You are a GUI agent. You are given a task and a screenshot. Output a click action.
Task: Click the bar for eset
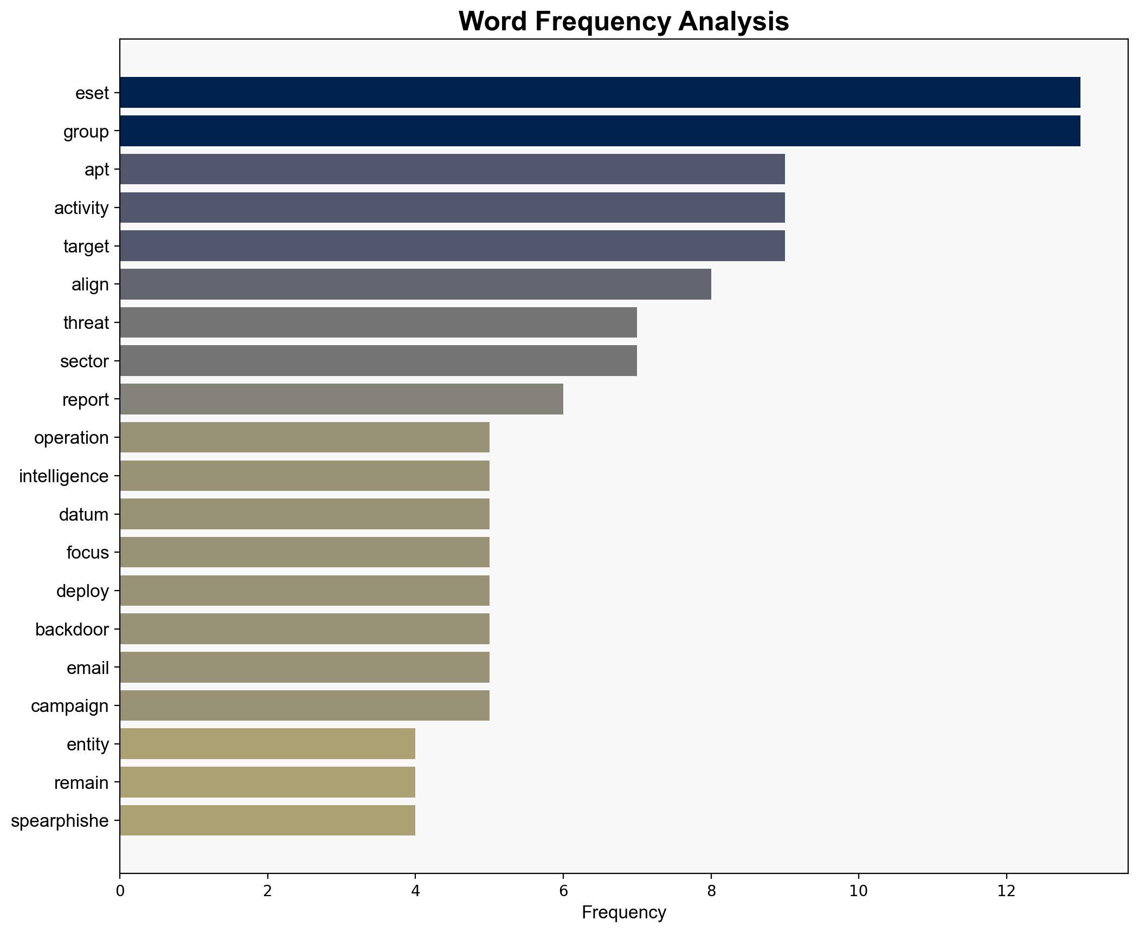(x=600, y=93)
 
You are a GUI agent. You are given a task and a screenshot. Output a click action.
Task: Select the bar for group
(x=600, y=131)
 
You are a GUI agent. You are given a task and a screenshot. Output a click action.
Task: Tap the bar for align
(x=415, y=284)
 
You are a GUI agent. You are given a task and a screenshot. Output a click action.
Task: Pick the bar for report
(x=342, y=399)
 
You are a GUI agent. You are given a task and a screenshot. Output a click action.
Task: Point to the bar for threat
(x=378, y=323)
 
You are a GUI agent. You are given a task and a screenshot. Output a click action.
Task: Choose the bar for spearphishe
(x=267, y=821)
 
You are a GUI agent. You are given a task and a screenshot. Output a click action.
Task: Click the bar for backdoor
(x=305, y=629)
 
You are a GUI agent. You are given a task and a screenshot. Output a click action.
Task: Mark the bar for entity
(x=267, y=744)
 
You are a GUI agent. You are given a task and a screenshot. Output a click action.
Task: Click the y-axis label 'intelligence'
(x=64, y=476)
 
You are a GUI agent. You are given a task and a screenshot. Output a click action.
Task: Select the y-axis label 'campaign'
(x=70, y=706)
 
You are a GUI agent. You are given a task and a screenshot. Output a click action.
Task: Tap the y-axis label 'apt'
(x=96, y=170)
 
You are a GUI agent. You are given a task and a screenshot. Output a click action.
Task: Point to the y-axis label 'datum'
(x=84, y=515)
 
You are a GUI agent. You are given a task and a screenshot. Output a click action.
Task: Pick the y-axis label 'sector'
(x=85, y=361)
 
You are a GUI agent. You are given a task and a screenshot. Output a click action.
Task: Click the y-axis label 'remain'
(x=81, y=783)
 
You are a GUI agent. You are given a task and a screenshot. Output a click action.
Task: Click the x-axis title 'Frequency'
(x=623, y=912)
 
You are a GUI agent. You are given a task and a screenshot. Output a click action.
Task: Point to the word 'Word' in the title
(x=491, y=22)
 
